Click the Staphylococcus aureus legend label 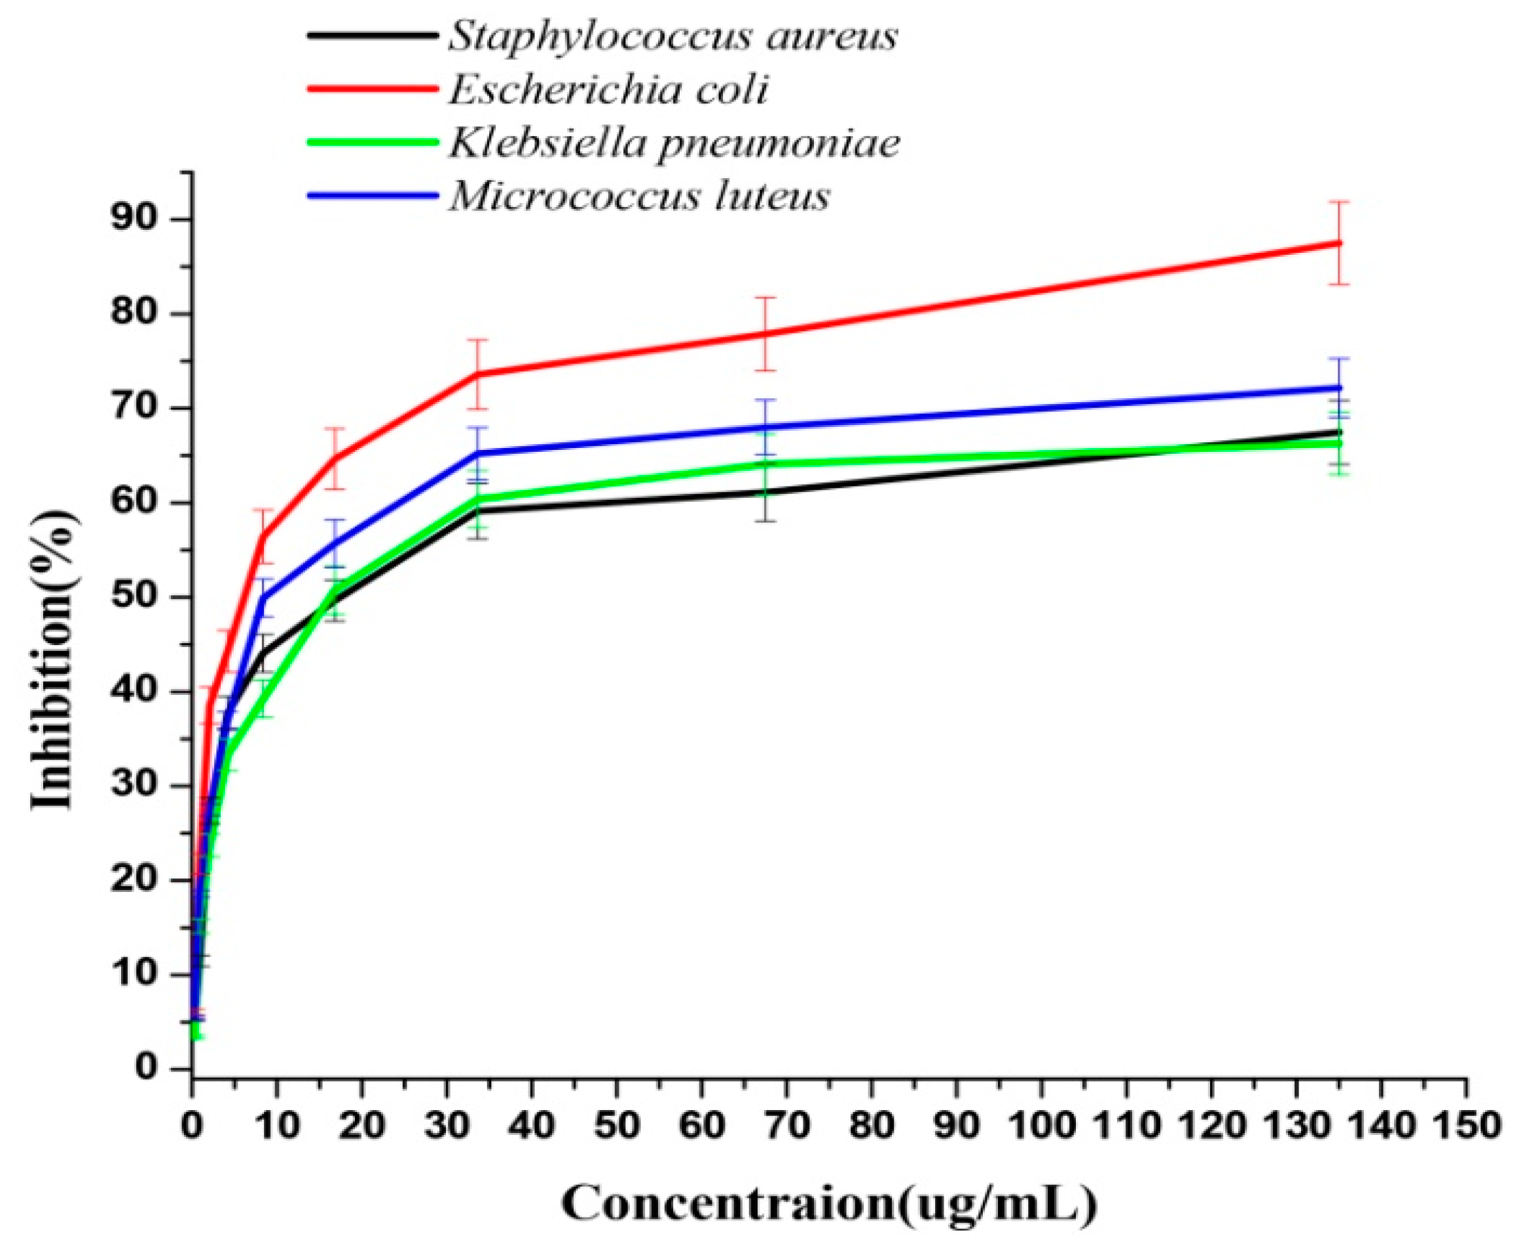(x=672, y=36)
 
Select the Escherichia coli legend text (x=608, y=90)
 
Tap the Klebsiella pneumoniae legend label (x=674, y=143)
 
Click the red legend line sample (x=372, y=88)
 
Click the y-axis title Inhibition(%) (x=54, y=659)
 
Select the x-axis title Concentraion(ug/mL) (x=829, y=1202)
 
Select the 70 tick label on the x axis (x=786, y=1124)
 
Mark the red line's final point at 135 (x=1338, y=243)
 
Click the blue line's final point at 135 (x=1338, y=388)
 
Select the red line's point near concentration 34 (x=479, y=374)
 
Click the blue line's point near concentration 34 (x=479, y=453)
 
